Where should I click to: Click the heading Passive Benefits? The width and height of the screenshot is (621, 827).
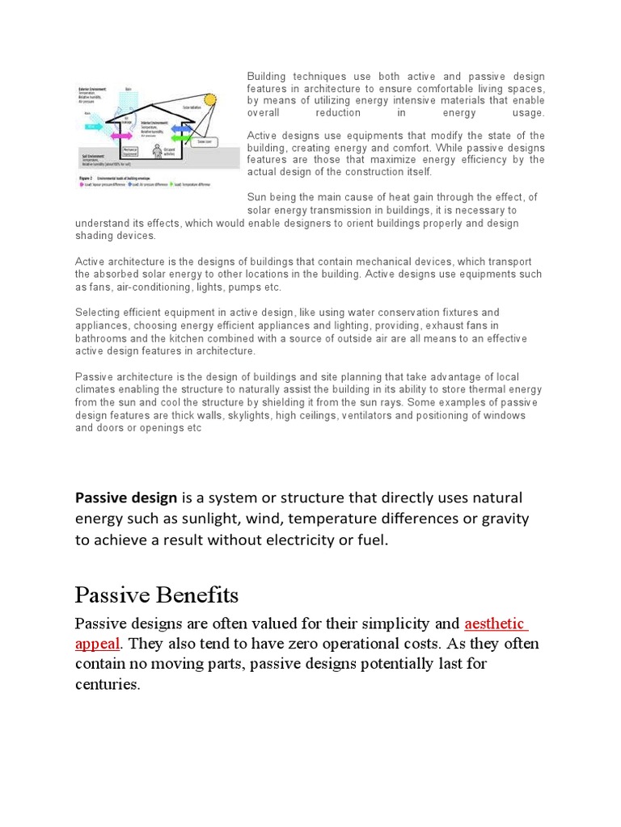pyautogui.click(x=157, y=595)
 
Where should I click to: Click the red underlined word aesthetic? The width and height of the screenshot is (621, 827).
pyautogui.click(x=496, y=624)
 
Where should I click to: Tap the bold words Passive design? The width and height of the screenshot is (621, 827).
pyautogui.click(x=126, y=497)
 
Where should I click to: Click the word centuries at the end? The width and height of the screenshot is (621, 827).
pyautogui.click(x=107, y=684)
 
